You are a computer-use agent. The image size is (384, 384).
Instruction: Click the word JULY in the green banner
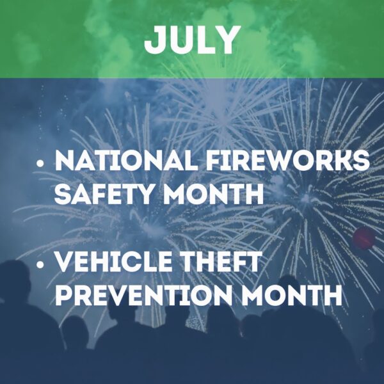tap(192, 40)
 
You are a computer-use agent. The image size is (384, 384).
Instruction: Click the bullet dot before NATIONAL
tap(41, 164)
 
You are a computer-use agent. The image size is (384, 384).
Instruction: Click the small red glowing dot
tap(364, 237)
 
